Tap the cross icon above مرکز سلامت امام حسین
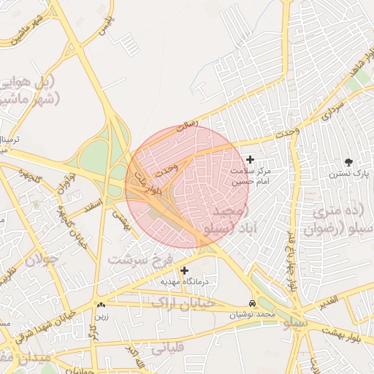(251, 159)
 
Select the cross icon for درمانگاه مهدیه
(184, 270)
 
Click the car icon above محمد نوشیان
(252, 303)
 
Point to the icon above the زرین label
(101, 305)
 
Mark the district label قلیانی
(167, 346)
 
